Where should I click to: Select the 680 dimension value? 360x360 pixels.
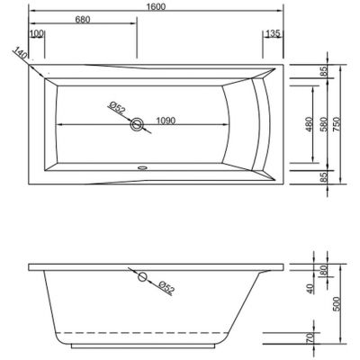[x=83, y=20]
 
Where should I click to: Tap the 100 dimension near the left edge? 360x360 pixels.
[x=37, y=34]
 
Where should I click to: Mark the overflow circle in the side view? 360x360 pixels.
[x=141, y=277]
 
